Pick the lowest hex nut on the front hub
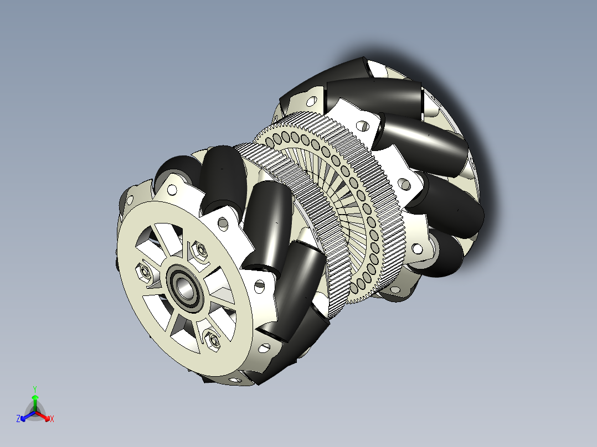point(212,338)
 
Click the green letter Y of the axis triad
point(34,389)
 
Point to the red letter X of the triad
point(52,419)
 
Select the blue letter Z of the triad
point(18,419)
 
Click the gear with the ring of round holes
point(354,210)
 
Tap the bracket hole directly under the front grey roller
point(172,190)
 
